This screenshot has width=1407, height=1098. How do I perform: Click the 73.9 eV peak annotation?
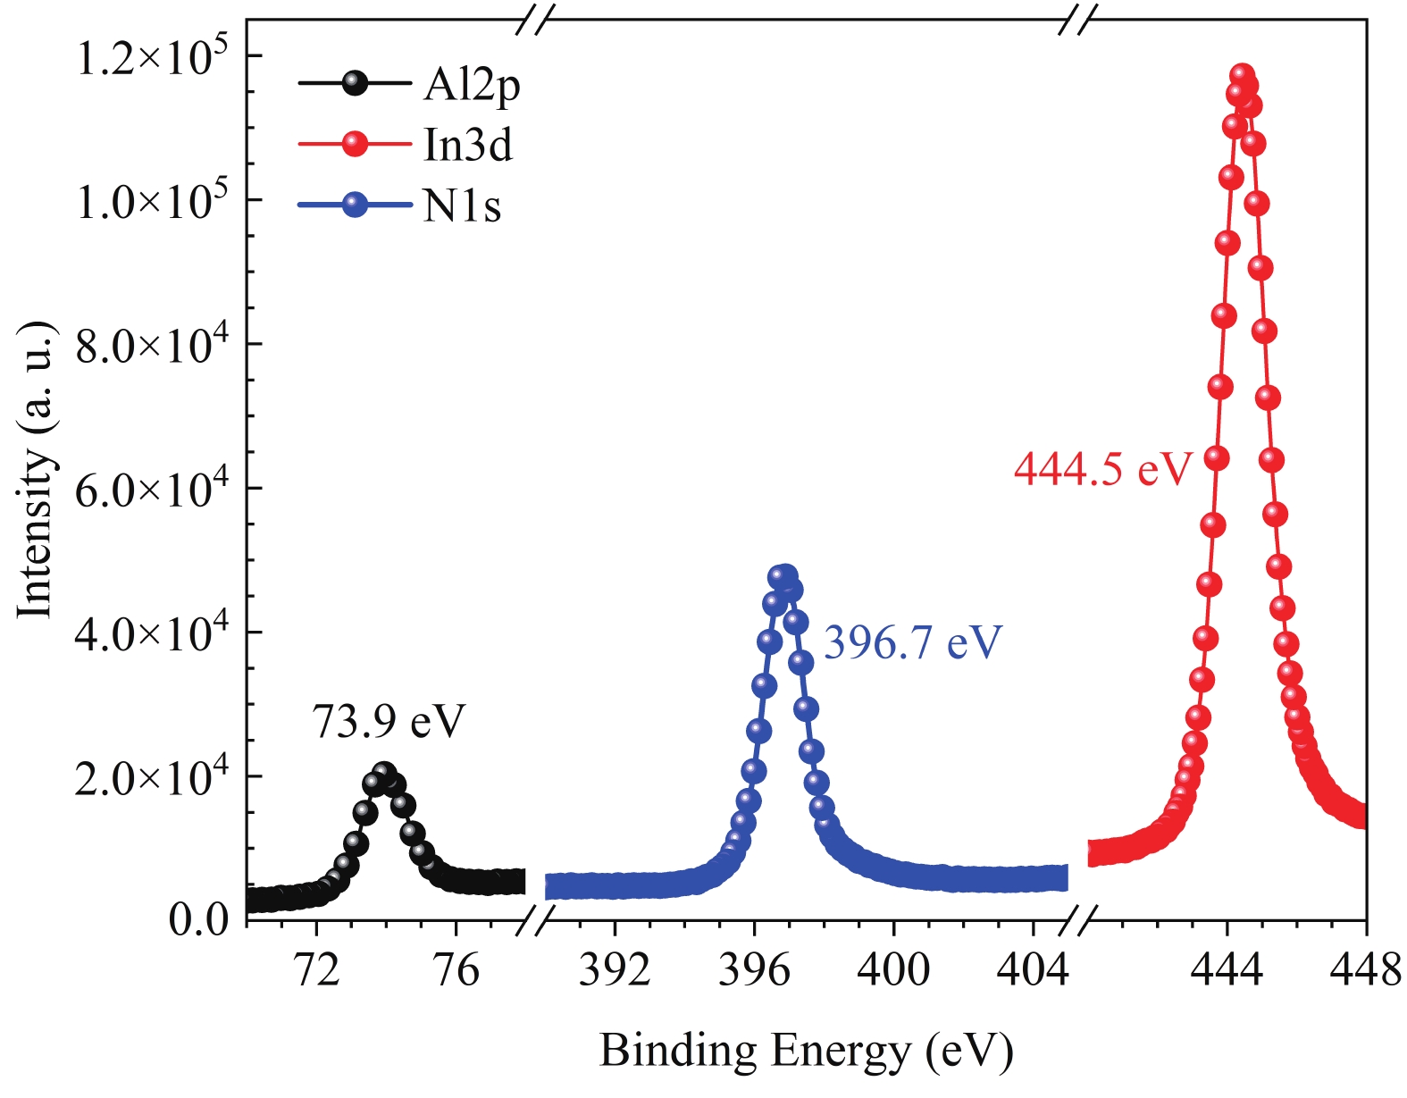[389, 721]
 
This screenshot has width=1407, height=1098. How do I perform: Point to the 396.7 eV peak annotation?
[912, 642]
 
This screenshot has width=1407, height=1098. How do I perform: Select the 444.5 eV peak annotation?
[1102, 469]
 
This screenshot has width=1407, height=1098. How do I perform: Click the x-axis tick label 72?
[316, 970]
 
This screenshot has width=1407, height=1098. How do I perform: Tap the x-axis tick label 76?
[456, 970]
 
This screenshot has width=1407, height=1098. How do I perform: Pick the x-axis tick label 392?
[615, 970]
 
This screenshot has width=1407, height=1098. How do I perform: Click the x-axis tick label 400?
[893, 970]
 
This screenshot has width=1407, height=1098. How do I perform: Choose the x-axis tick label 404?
[1033, 970]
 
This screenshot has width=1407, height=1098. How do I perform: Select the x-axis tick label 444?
[1227, 970]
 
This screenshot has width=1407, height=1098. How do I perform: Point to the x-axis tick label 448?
[1365, 970]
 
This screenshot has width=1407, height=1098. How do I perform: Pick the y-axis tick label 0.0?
[199, 919]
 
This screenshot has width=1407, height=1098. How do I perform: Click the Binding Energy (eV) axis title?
[806, 1051]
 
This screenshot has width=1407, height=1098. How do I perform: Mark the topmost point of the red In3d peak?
[1241, 76]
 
